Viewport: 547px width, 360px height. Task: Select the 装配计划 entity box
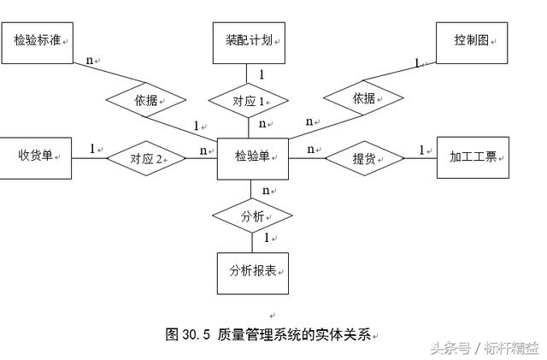pyautogui.click(x=249, y=40)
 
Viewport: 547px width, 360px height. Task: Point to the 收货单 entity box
pyautogui.click(x=35, y=156)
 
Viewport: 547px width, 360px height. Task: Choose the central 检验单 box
pyautogui.click(x=253, y=156)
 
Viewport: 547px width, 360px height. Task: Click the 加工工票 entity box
pyautogui.click(x=473, y=156)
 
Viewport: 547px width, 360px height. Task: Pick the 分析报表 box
pyautogui.click(x=253, y=271)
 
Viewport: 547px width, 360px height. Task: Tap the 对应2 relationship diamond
pyautogui.click(x=146, y=157)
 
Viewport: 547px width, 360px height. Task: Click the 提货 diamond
pyautogui.click(x=365, y=157)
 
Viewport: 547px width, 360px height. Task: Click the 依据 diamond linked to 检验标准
pyautogui.click(x=146, y=100)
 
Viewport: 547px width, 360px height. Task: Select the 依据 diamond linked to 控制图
pyautogui.click(x=364, y=98)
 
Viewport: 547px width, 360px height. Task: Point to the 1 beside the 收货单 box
pyautogui.click(x=92, y=149)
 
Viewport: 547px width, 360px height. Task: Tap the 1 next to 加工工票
pyautogui.click(x=421, y=150)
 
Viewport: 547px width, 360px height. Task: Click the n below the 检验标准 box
pyautogui.click(x=89, y=61)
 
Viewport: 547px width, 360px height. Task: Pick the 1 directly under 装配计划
pyautogui.click(x=262, y=74)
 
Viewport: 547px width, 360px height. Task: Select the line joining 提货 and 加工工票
pyautogui.click(x=420, y=157)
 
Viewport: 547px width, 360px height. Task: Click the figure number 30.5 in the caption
pyautogui.click(x=196, y=335)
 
